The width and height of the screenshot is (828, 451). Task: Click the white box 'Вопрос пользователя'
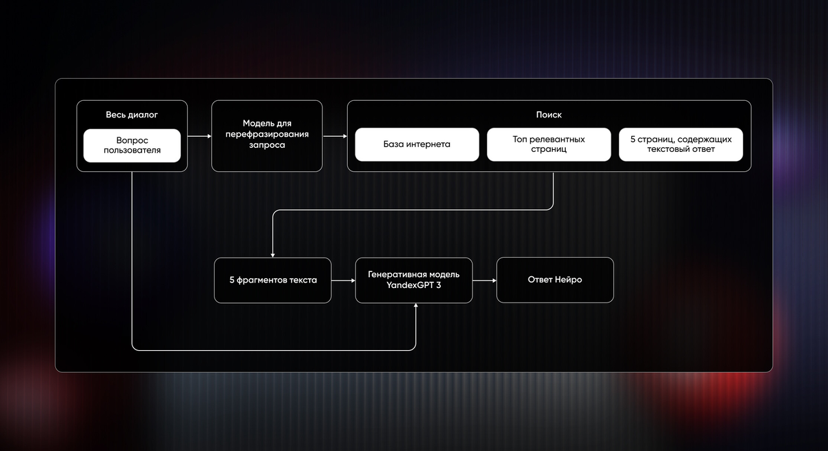(x=132, y=146)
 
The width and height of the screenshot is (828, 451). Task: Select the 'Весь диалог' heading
(x=132, y=115)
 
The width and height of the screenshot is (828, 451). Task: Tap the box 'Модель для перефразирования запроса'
(x=267, y=136)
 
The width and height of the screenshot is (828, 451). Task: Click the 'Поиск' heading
(x=549, y=115)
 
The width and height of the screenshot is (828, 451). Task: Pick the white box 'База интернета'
(x=417, y=144)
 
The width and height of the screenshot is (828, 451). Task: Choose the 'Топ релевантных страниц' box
(x=549, y=144)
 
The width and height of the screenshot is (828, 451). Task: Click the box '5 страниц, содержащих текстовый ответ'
(x=681, y=144)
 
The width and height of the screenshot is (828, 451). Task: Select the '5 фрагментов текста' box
(x=273, y=280)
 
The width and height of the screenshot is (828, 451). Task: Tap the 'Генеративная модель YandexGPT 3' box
(x=413, y=280)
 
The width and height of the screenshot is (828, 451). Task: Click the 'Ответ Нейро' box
(x=555, y=280)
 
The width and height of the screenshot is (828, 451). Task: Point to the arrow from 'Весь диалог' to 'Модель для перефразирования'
(x=199, y=136)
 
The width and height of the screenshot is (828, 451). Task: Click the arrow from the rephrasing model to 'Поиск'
(x=335, y=136)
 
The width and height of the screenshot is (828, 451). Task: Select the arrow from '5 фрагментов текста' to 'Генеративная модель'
(x=344, y=280)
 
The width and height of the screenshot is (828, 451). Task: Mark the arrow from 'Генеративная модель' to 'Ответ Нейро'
(x=484, y=280)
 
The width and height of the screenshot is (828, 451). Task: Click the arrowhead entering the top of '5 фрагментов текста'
(x=273, y=256)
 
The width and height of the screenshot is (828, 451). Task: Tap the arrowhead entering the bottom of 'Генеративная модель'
(x=416, y=305)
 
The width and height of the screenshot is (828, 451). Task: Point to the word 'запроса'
(x=267, y=145)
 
